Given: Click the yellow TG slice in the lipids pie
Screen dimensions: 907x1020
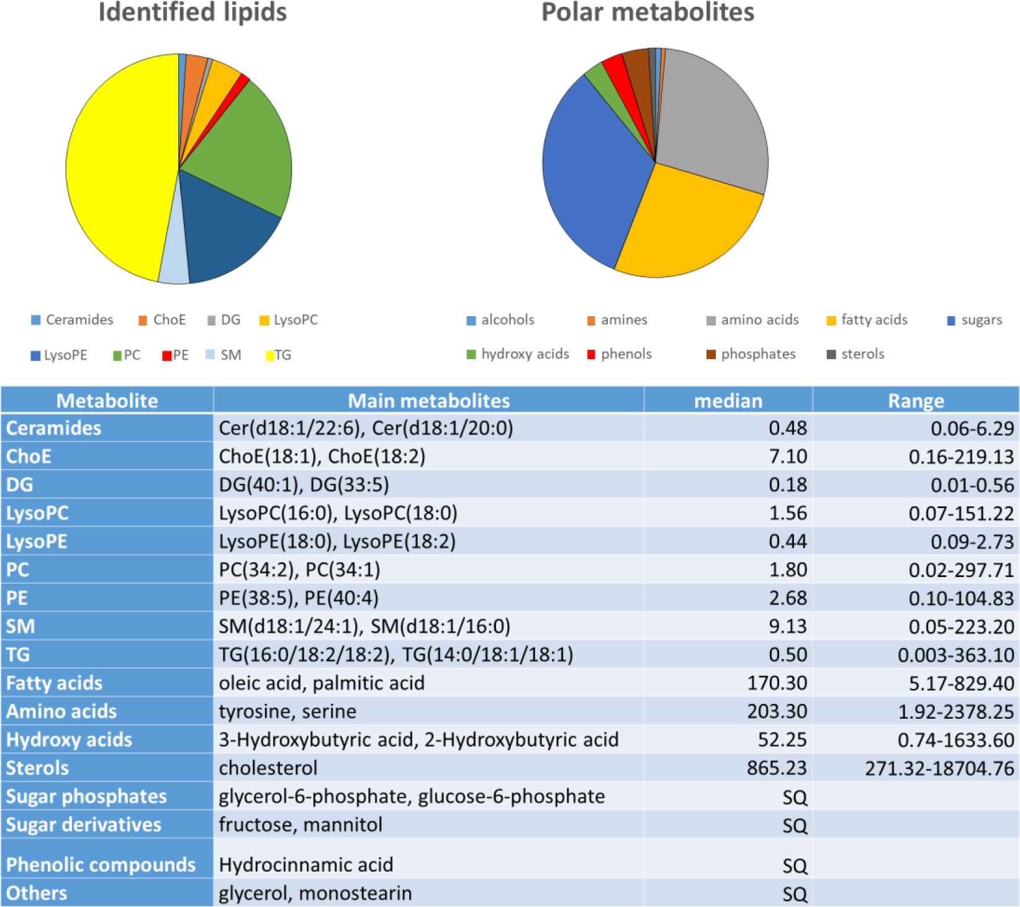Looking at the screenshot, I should pyautogui.click(x=118, y=168).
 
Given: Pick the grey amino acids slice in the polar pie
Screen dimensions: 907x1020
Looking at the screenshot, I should pyautogui.click(x=714, y=118).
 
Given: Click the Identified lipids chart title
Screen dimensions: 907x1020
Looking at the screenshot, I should pyautogui.click(x=192, y=12).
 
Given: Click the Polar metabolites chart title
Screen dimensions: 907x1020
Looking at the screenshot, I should pyautogui.click(x=648, y=12).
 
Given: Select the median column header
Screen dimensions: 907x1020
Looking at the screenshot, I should pyautogui.click(x=728, y=401).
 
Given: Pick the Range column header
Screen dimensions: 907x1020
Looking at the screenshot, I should pyautogui.click(x=916, y=401).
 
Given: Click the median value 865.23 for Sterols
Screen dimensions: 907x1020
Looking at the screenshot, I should pyautogui.click(x=776, y=768).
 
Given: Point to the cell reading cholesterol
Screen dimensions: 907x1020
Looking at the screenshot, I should pyautogui.click(x=268, y=768).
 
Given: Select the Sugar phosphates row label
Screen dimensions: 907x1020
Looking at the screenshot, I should pyautogui.click(x=86, y=796).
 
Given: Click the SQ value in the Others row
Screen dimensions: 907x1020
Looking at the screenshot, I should pyautogui.click(x=795, y=894).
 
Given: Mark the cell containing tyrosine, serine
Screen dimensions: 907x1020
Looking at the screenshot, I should pyautogui.click(x=287, y=711).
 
